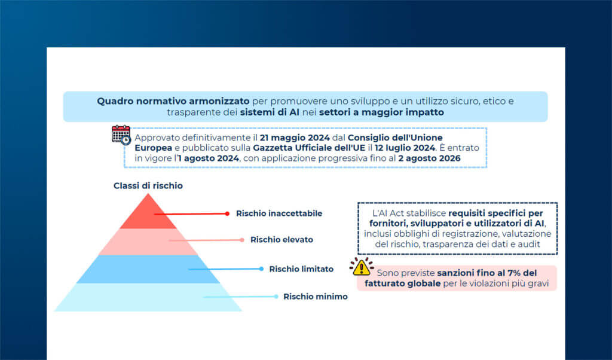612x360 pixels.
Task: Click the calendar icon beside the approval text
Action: point(121,135)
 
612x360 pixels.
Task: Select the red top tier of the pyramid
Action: point(148,214)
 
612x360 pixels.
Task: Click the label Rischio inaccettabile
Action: point(279,213)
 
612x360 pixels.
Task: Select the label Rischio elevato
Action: point(281,240)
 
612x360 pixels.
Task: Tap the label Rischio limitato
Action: point(301,269)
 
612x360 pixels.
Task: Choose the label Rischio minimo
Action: point(315,297)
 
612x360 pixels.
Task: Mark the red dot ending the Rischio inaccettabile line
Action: point(227,213)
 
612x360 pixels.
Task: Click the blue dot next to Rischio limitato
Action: point(261,269)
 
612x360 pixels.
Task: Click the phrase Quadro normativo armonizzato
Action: point(173,101)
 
